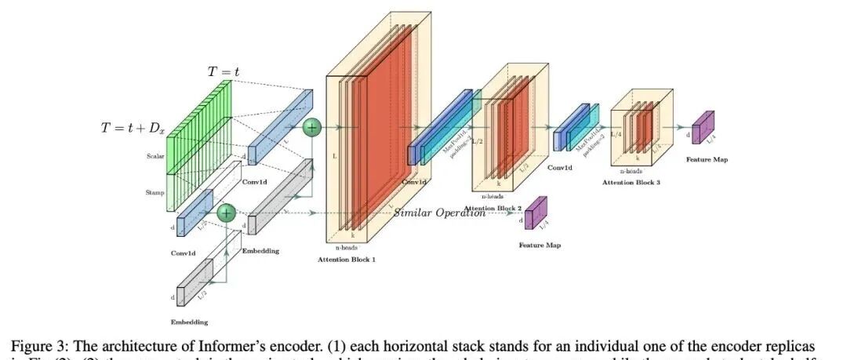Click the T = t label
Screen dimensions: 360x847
click(x=224, y=71)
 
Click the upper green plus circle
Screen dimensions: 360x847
click(x=312, y=126)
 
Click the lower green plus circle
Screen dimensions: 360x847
click(x=226, y=213)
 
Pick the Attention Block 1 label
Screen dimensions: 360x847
click(x=347, y=259)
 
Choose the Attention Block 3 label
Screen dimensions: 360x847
click(x=631, y=182)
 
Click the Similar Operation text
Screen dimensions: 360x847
click(x=439, y=213)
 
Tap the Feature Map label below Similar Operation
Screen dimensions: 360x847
click(x=540, y=245)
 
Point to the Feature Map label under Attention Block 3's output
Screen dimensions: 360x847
click(x=707, y=159)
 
